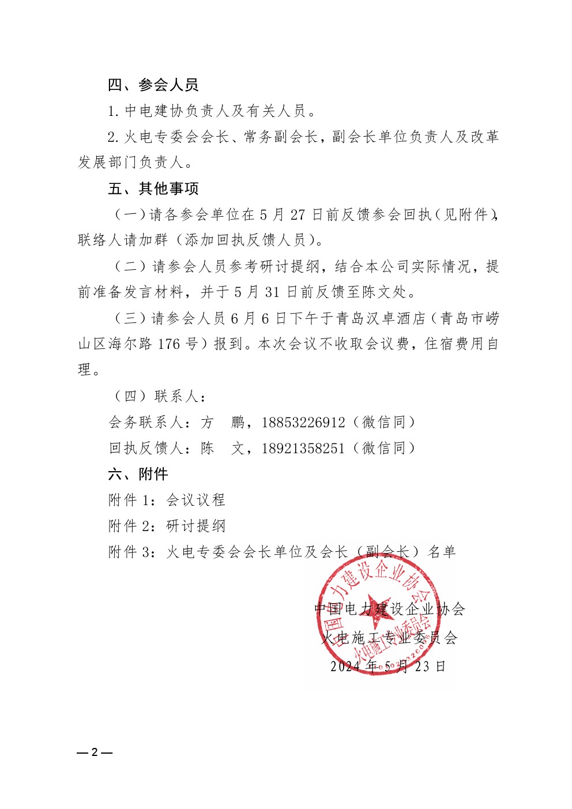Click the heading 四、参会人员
(153, 85)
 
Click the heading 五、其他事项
(153, 189)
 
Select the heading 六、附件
(138, 474)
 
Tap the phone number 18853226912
(303, 423)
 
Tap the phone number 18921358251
(303, 449)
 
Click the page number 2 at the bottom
(95, 752)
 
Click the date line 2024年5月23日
(388, 667)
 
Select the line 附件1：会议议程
(167, 500)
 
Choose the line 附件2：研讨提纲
(167, 526)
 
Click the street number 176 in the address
(169, 344)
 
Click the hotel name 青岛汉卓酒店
(381, 318)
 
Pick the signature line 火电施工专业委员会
(389, 638)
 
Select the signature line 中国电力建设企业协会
(390, 609)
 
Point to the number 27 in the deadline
(298, 215)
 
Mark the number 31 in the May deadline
(272, 292)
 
